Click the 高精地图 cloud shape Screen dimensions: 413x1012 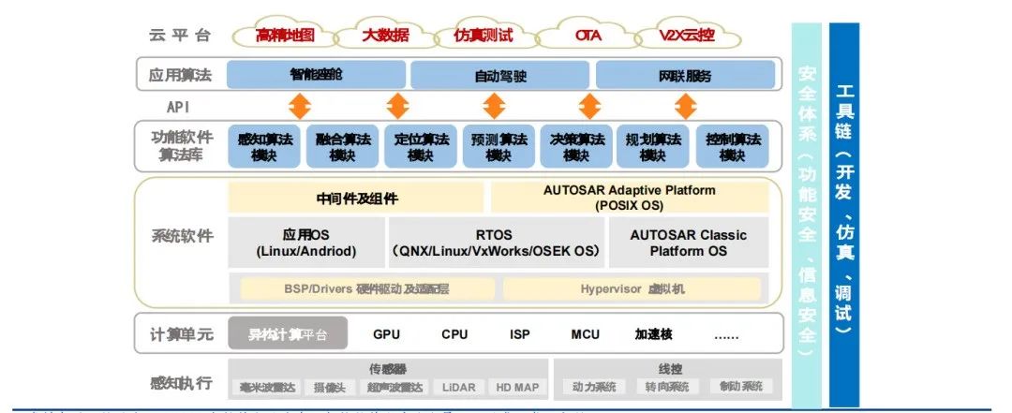(x=284, y=37)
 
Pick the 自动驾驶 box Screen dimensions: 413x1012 (x=499, y=74)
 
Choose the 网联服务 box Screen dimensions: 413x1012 (x=685, y=74)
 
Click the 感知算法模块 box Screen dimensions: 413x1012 (x=264, y=147)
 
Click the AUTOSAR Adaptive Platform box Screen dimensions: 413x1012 (x=629, y=197)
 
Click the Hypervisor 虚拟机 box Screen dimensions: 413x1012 (x=633, y=288)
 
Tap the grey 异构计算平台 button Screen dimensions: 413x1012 (x=287, y=333)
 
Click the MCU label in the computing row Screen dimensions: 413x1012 (x=586, y=333)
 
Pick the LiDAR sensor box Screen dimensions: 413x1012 (x=459, y=387)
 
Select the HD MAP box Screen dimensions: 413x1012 (x=516, y=387)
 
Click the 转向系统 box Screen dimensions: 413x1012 (x=667, y=387)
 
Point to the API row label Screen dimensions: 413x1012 (x=178, y=106)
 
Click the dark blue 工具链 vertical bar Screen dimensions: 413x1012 (x=844, y=215)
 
